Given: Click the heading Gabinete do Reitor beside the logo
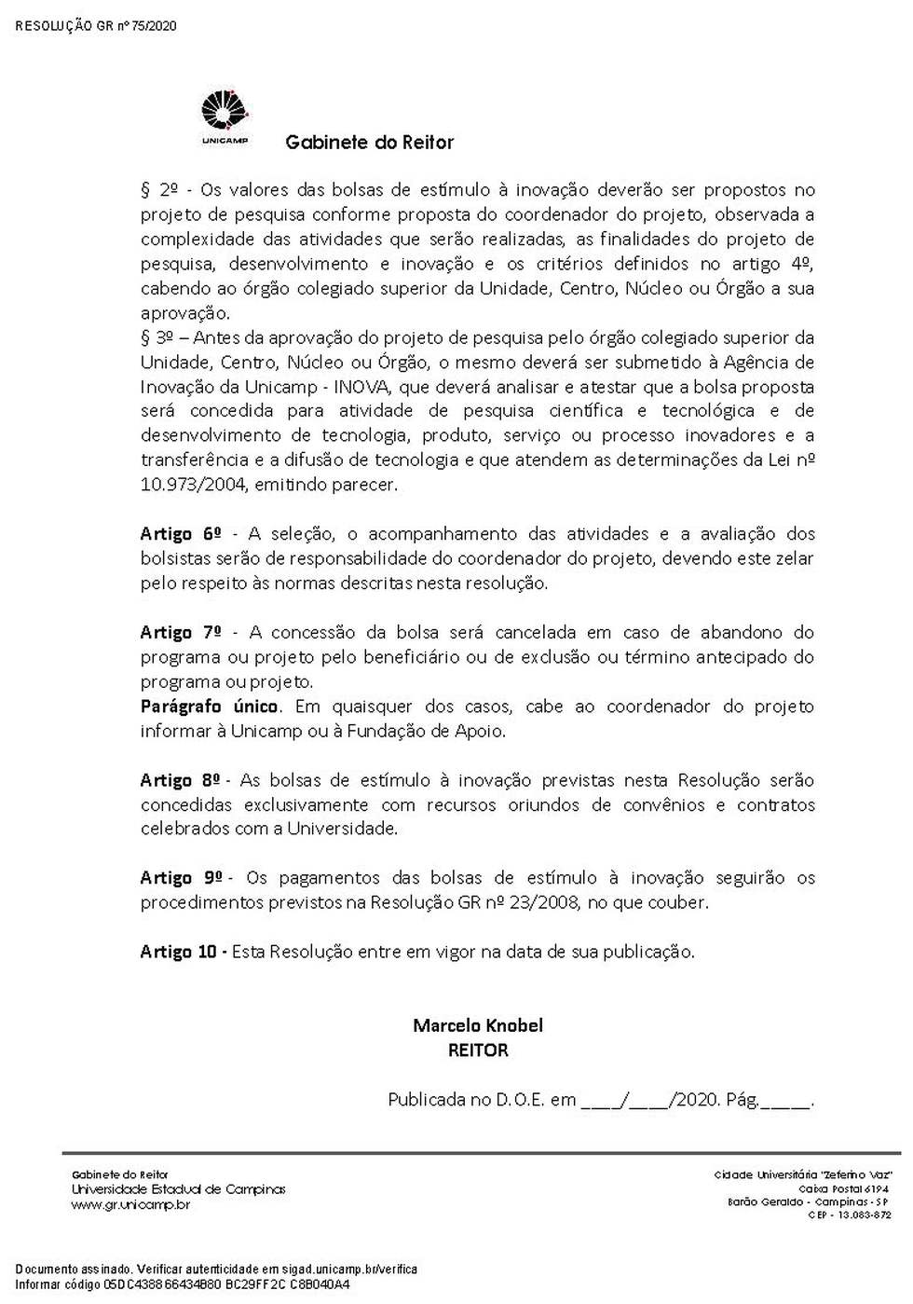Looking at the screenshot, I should click(x=369, y=143).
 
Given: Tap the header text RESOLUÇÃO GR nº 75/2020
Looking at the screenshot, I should click(x=96, y=26).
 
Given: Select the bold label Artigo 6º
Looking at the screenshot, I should click(x=181, y=534).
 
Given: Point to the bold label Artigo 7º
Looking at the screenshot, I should click(x=181, y=632).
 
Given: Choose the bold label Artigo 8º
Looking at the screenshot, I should click(x=181, y=780).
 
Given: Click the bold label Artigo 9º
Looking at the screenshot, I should click(x=181, y=878).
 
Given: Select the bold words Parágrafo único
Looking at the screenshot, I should click(x=209, y=707).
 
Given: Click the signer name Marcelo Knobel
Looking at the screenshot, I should click(x=478, y=1025).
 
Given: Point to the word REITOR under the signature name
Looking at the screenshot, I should click(x=478, y=1050).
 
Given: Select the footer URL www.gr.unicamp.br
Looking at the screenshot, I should click(x=130, y=1205).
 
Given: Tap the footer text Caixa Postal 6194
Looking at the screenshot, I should click(x=843, y=1189).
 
